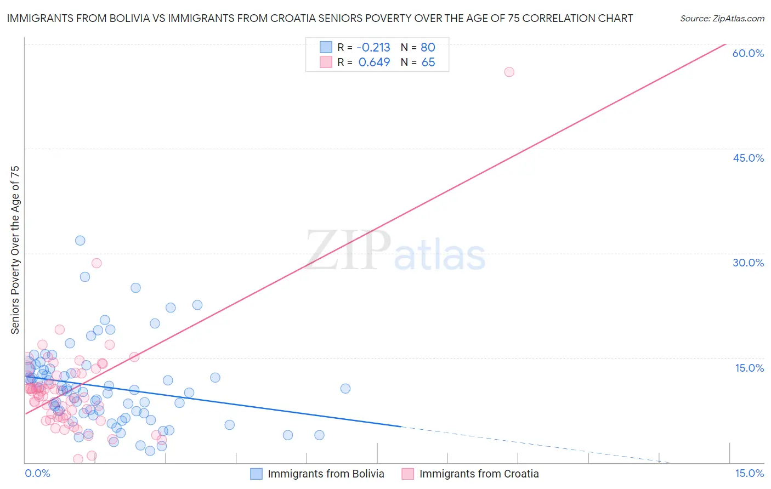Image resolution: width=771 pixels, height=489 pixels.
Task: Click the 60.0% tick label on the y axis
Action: [x=748, y=53]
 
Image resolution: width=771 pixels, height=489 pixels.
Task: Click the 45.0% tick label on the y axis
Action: [x=748, y=158]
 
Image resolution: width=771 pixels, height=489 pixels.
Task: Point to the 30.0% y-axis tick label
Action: [x=748, y=263]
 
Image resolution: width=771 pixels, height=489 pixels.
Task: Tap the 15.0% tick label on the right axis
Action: [x=749, y=368]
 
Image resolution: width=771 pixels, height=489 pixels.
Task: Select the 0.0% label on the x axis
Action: [x=37, y=474]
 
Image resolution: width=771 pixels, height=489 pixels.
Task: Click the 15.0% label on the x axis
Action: [x=749, y=474]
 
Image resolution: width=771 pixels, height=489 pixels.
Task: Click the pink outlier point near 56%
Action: [x=509, y=72]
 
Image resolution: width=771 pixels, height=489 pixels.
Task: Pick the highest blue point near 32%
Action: [x=80, y=240]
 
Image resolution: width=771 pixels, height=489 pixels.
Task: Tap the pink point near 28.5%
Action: [x=97, y=263]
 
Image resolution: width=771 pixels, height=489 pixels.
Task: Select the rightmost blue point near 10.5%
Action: [x=345, y=389]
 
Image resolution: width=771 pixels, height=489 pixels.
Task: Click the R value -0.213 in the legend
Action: [x=374, y=47]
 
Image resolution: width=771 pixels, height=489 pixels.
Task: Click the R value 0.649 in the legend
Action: [x=374, y=62]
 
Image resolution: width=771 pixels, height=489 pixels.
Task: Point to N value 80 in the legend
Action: [x=428, y=47]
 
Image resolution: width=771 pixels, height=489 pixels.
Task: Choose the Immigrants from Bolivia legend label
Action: [x=326, y=474]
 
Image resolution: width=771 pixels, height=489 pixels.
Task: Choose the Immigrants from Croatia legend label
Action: [x=479, y=474]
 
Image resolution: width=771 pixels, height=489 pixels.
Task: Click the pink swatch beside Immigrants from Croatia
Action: [x=407, y=474]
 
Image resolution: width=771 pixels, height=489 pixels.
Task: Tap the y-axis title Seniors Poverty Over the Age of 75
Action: [x=15, y=249]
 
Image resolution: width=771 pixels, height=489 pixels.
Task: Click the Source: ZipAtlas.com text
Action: [x=722, y=19]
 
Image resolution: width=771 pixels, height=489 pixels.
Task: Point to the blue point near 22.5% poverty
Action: [x=197, y=305]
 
